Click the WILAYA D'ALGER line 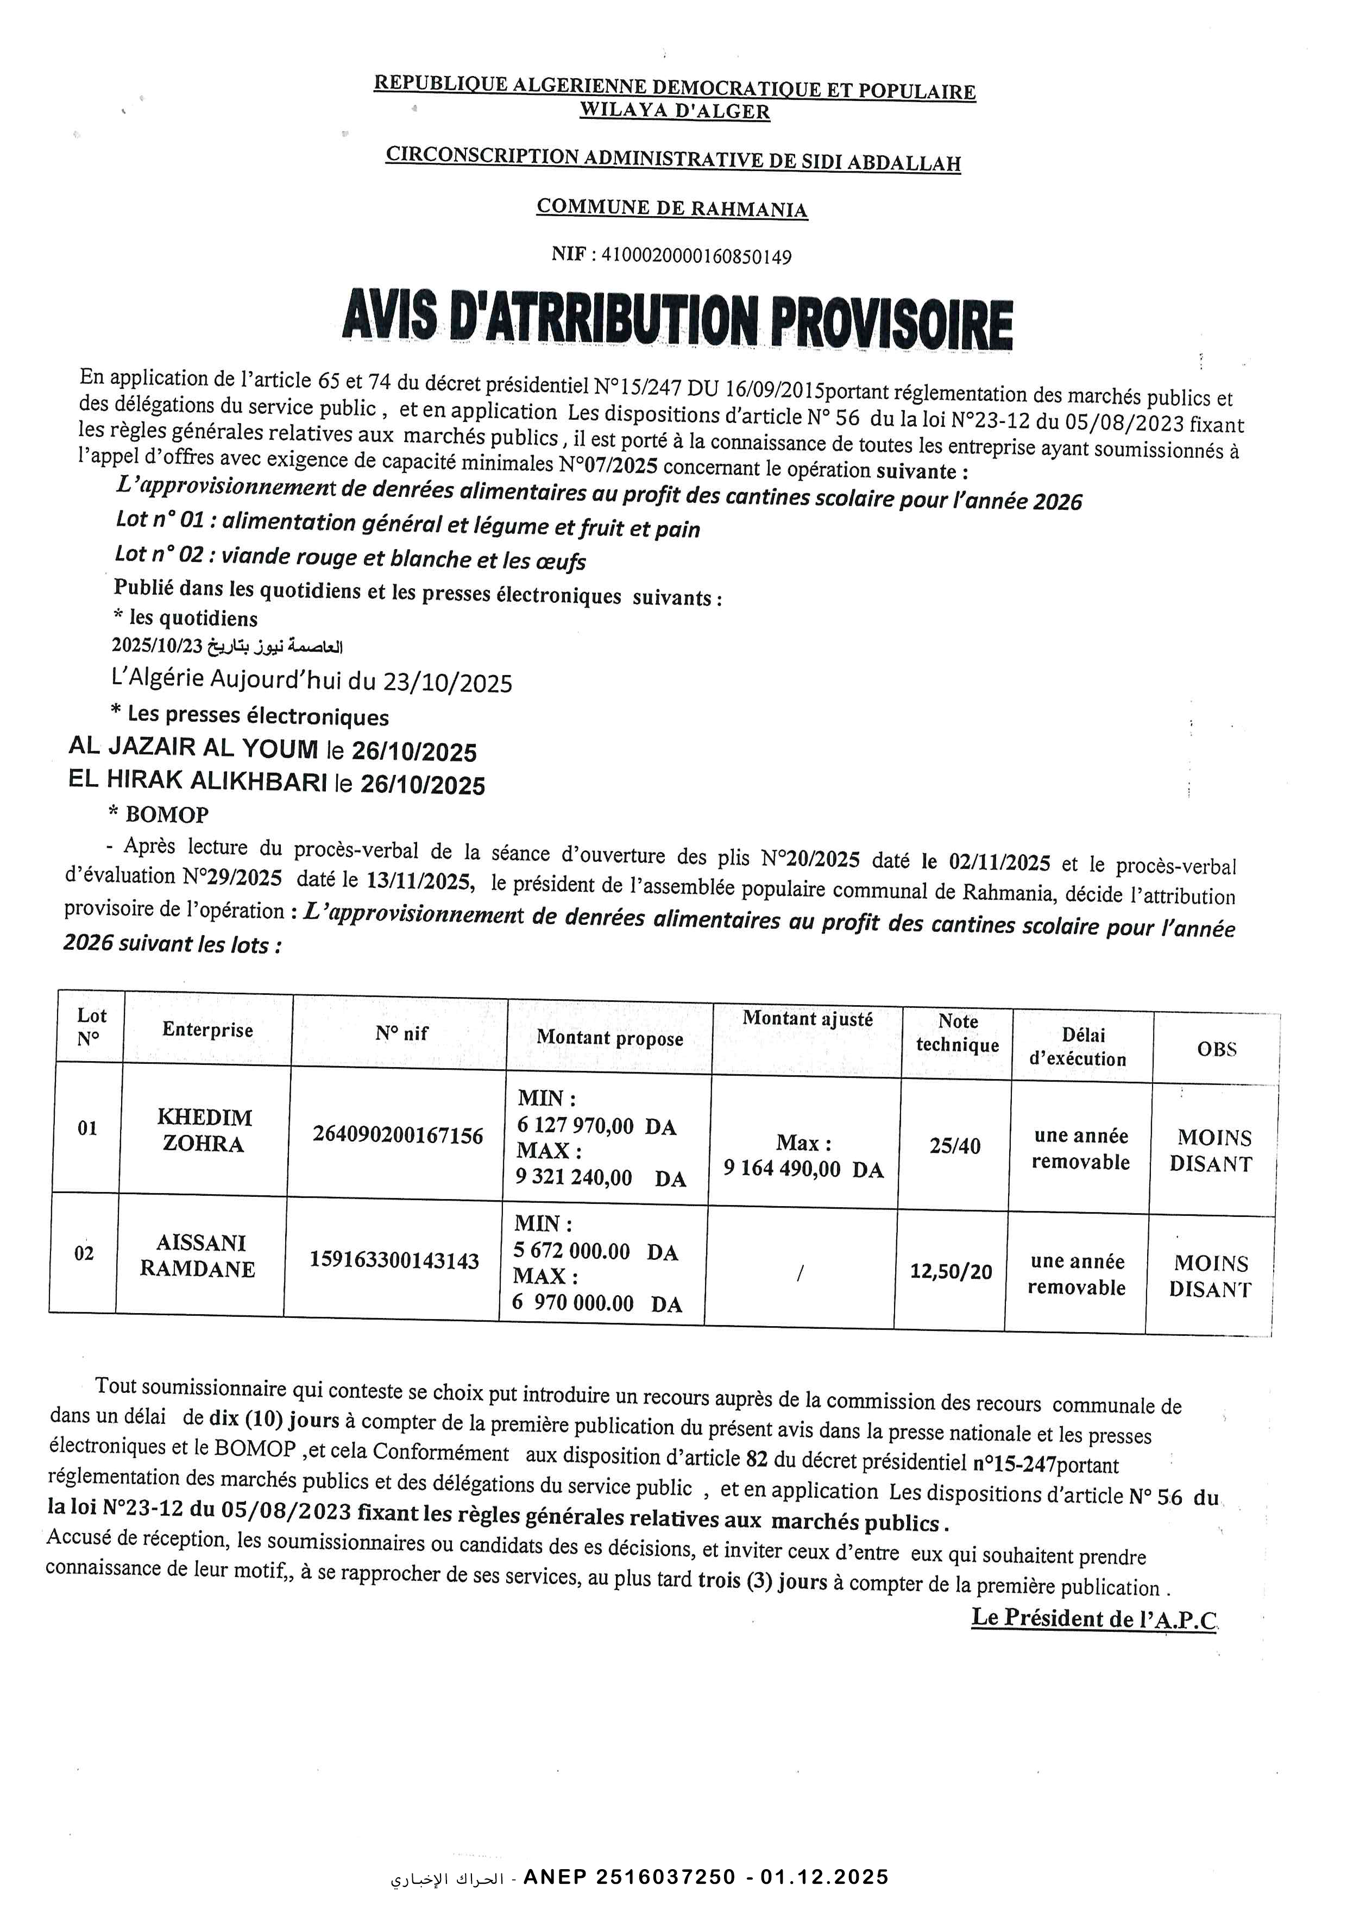[674, 111]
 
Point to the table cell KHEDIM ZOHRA [204, 1130]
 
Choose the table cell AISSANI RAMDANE [198, 1256]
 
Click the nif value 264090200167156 [398, 1135]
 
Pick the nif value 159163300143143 [394, 1260]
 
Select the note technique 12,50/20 [951, 1271]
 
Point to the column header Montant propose [610, 1037]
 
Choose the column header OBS [1216, 1049]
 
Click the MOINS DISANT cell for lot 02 [1210, 1276]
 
